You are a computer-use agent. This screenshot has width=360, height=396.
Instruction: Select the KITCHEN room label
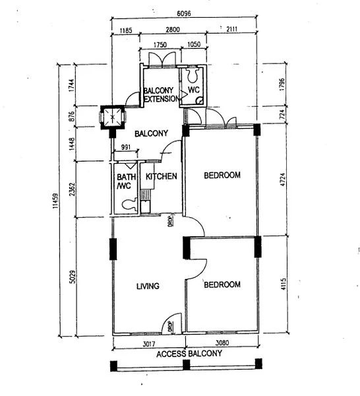tap(161, 177)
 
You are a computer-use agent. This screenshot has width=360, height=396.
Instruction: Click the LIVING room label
tap(148, 286)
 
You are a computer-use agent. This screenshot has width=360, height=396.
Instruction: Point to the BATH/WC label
tap(126, 181)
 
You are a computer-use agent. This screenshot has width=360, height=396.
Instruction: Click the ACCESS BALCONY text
tap(189, 354)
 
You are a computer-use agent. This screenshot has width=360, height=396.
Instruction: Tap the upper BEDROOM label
tap(222, 176)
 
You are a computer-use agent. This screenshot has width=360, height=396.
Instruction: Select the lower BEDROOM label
tap(222, 285)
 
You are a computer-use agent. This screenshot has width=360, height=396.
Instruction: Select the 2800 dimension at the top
tap(173, 31)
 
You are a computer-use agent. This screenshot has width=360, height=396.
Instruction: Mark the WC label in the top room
tap(194, 90)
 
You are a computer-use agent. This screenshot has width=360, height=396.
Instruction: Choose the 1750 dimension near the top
tap(159, 46)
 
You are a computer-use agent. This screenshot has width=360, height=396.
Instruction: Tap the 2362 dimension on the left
tap(72, 188)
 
